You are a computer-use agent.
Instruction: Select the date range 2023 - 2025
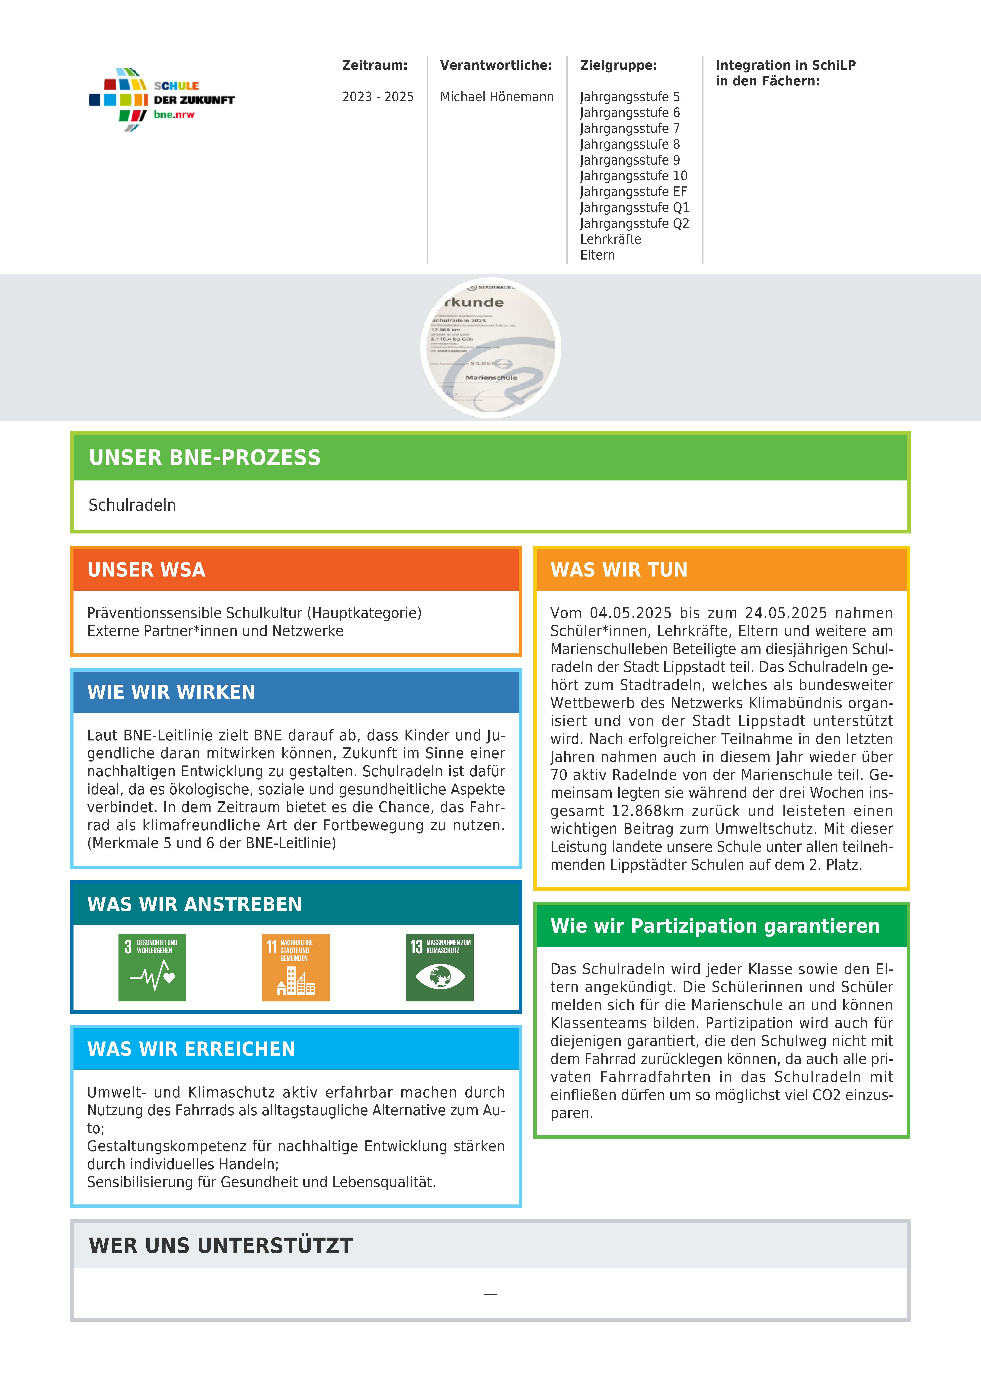tap(377, 97)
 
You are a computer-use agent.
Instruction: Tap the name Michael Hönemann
tap(497, 97)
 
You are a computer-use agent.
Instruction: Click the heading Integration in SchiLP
tap(785, 65)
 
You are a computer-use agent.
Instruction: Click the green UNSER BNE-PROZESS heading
tap(205, 458)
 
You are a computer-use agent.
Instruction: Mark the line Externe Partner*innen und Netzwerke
tap(215, 631)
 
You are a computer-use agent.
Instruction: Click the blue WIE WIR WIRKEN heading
tap(172, 692)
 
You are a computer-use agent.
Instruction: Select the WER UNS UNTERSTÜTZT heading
tap(221, 1245)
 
